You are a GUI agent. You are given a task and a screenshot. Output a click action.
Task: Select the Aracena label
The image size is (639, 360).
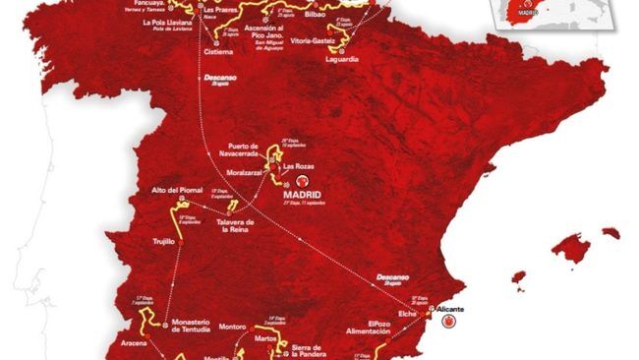pyautogui.click(x=133, y=346)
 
